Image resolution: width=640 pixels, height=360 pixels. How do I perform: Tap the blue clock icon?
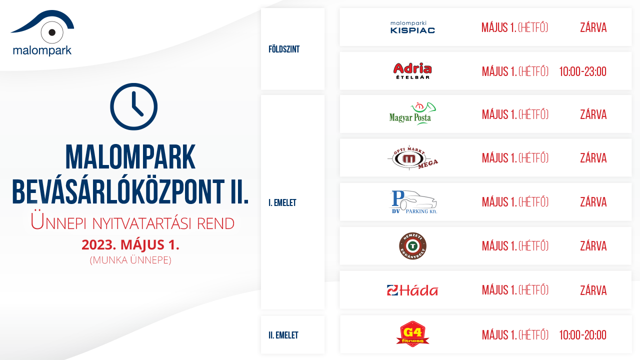tap(133, 106)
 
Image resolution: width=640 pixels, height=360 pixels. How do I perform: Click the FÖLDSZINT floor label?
tap(284, 49)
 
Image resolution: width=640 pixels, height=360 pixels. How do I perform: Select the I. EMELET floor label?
tap(282, 203)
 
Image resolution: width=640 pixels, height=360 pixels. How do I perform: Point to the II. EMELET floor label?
tap(283, 335)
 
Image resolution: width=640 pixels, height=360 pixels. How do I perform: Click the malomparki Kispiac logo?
tap(412, 27)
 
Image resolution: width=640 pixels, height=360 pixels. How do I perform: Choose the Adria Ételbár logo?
tap(412, 70)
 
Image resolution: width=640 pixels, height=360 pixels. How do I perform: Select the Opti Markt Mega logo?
tap(412, 157)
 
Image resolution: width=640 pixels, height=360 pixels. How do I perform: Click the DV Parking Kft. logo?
tap(413, 202)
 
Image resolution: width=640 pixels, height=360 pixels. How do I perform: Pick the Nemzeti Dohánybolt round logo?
tap(412, 245)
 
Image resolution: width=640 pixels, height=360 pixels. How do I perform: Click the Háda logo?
tap(412, 290)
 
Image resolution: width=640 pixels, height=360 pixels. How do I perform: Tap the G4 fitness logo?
tap(412, 334)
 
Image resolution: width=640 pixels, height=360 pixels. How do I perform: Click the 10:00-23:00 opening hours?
tap(582, 71)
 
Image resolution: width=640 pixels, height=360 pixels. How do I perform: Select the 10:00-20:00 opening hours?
tap(582, 335)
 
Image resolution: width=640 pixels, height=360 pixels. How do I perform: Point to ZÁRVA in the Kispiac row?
tap(593, 27)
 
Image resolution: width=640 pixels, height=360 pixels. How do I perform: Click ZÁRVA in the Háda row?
tap(593, 290)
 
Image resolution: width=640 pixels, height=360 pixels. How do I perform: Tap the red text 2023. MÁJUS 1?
tap(130, 245)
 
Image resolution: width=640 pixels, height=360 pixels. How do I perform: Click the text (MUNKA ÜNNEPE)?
tap(130, 260)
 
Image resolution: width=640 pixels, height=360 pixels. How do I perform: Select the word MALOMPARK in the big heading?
tap(130, 157)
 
